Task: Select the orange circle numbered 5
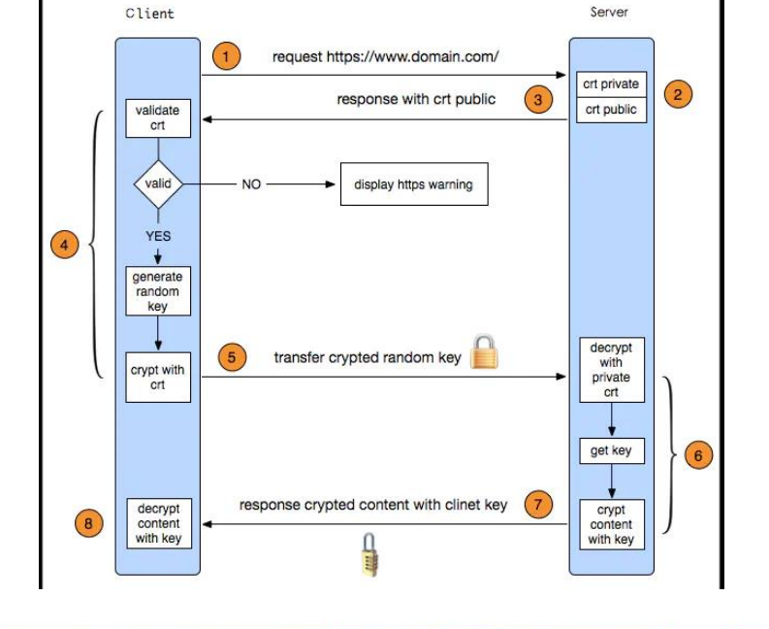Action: pos(231,357)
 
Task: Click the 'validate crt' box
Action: pos(157,117)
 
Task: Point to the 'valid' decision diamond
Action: pos(157,183)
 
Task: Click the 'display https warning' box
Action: pos(413,184)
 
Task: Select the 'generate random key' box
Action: pos(157,291)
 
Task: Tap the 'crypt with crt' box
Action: pos(157,378)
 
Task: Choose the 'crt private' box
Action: pos(610,84)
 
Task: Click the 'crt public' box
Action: pos(610,110)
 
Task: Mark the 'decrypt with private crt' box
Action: pos(611,370)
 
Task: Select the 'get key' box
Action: pos(611,450)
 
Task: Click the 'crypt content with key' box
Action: pos(611,524)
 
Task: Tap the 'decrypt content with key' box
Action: pos(157,524)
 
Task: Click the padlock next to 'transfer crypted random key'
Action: pos(484,353)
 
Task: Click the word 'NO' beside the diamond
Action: pos(250,184)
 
